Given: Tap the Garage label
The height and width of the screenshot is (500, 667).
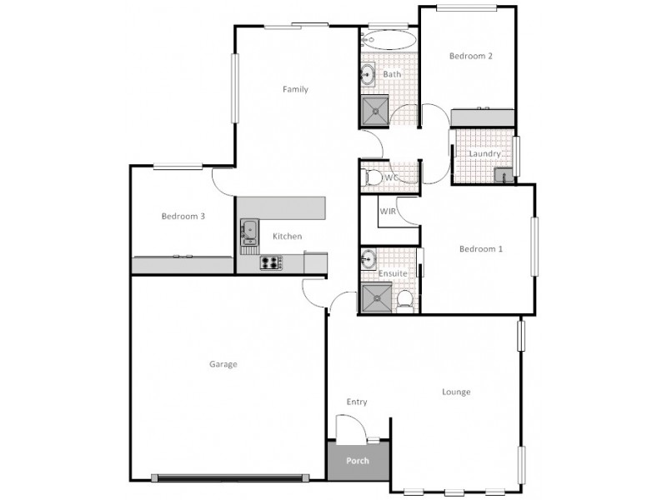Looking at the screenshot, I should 223,364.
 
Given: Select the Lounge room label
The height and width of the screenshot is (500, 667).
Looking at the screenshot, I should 456,392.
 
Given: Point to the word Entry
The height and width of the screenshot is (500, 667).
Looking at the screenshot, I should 357,402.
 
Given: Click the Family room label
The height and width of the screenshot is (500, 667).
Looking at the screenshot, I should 295,89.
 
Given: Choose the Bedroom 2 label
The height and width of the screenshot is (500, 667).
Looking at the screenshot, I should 471,57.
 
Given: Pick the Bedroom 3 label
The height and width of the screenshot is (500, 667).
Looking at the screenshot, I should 183,216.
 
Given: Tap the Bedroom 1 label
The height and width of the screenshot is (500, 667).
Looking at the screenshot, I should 481,248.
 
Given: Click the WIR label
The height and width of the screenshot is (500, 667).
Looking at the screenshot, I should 388,212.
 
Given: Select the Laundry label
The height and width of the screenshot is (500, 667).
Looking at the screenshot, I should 484,154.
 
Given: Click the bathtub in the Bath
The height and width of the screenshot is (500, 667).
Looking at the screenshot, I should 389,39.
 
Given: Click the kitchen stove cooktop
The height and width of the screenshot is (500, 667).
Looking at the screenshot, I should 270,263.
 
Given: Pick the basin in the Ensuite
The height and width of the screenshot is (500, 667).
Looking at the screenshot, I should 368,259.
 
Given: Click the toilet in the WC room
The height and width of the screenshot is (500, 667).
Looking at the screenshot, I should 373,177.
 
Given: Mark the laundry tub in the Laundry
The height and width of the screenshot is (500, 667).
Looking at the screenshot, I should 503,174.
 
